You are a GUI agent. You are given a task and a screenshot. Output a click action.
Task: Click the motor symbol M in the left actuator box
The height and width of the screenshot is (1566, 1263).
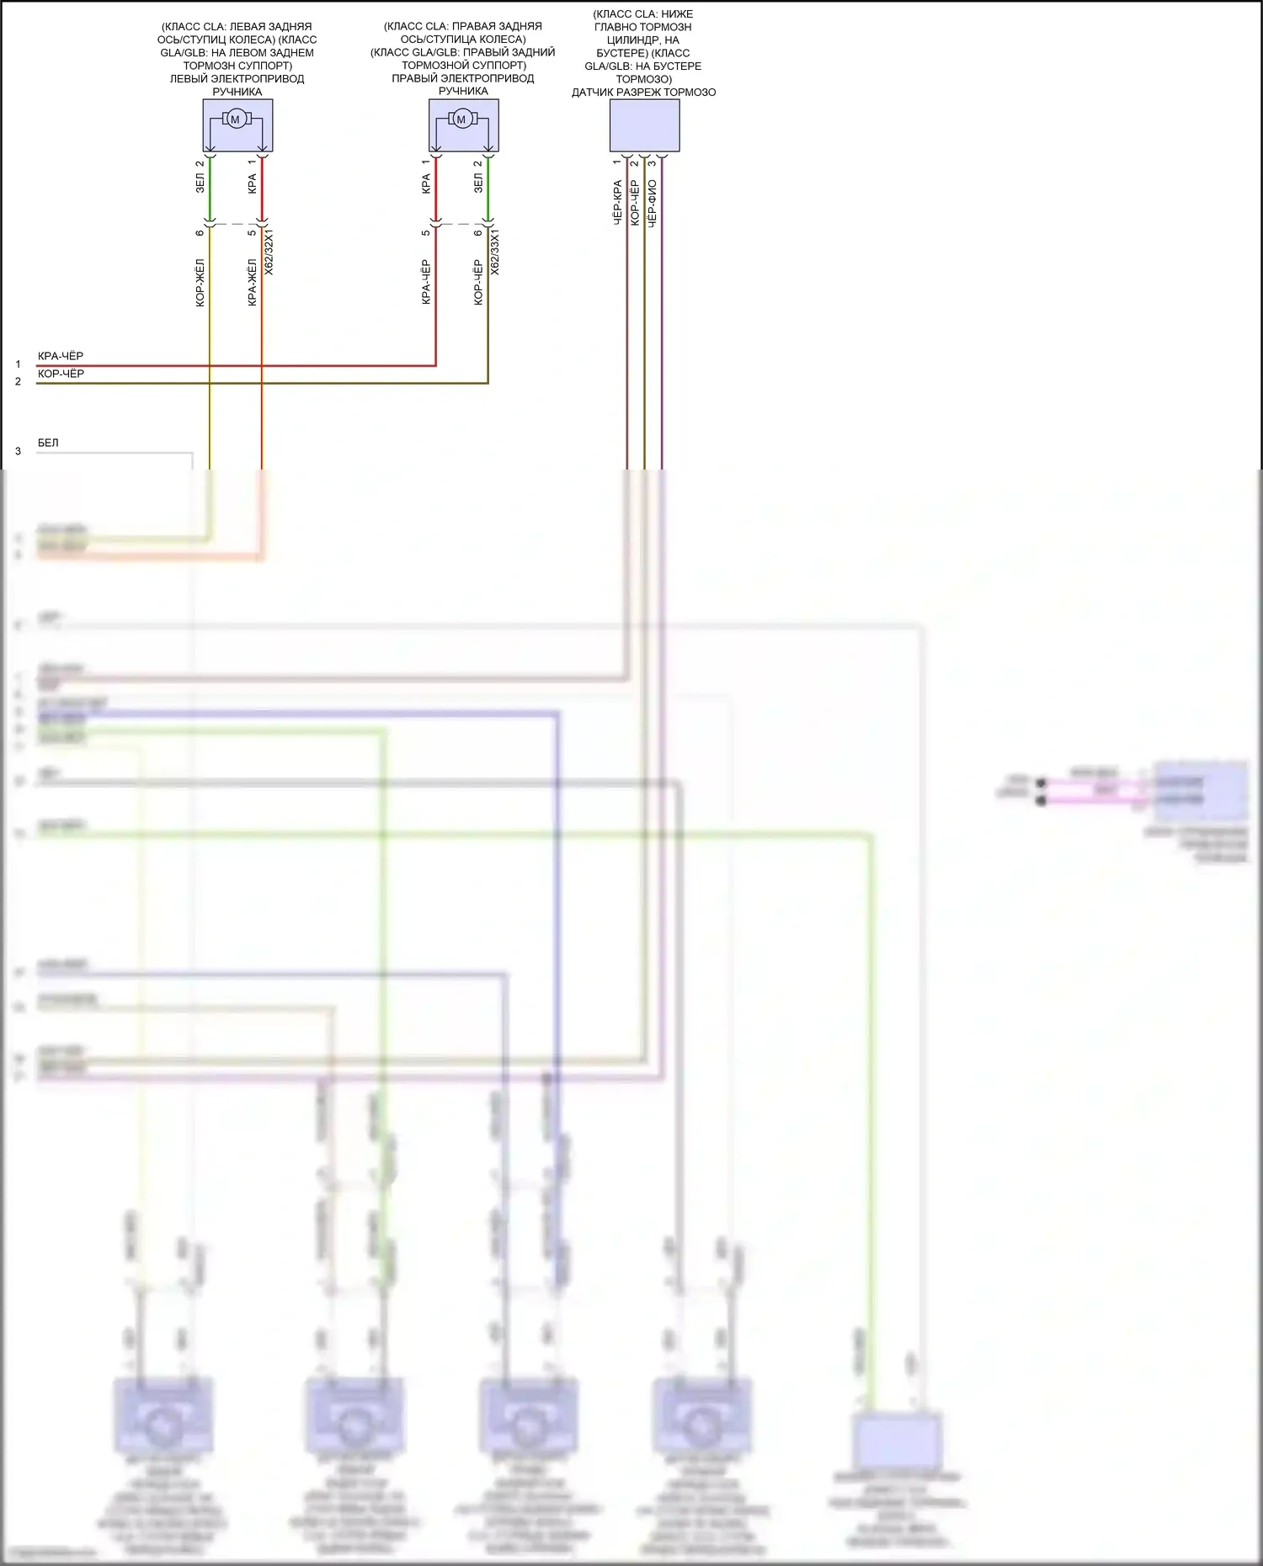[x=236, y=119]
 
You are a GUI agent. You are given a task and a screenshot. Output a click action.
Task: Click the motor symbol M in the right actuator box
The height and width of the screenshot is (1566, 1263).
[x=461, y=119]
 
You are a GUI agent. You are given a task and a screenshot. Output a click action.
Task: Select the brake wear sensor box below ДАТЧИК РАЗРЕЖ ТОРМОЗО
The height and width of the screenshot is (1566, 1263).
[x=644, y=125]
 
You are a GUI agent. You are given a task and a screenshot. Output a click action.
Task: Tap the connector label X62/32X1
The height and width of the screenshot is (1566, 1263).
[x=269, y=252]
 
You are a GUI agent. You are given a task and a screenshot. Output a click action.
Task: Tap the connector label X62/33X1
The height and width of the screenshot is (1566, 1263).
[x=495, y=252]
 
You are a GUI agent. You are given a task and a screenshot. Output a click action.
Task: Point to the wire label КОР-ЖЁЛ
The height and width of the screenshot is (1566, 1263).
[x=200, y=282]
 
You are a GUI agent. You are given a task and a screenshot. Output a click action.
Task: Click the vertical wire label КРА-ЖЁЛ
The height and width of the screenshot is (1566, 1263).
[x=253, y=282]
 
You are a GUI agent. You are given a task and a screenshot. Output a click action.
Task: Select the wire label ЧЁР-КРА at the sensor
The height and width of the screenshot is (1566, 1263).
[x=617, y=202]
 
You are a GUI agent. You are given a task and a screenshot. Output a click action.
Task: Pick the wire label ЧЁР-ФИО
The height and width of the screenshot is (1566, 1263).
[x=653, y=202]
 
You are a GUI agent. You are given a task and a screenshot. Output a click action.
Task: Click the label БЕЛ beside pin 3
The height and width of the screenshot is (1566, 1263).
[x=48, y=443]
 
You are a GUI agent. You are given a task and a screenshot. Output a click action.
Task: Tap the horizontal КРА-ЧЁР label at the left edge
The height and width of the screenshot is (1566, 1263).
[x=61, y=356]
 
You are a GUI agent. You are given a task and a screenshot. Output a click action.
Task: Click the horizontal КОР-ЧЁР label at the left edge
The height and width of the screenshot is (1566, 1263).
[x=61, y=374]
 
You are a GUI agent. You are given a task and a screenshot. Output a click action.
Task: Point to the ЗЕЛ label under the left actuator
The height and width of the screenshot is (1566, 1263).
[x=200, y=183]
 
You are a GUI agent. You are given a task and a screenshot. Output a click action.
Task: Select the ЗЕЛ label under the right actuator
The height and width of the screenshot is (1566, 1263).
[x=478, y=183]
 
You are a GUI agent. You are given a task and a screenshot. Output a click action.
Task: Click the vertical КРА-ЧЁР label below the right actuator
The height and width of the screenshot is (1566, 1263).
[x=426, y=282]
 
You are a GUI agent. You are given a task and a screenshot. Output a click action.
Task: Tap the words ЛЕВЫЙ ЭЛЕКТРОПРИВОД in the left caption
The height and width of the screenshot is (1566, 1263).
[x=237, y=78]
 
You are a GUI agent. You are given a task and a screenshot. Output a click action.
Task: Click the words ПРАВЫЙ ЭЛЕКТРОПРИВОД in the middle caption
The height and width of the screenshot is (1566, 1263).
[x=463, y=78]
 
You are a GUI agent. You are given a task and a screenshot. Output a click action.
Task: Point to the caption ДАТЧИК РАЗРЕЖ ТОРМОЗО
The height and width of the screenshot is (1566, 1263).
[x=644, y=93]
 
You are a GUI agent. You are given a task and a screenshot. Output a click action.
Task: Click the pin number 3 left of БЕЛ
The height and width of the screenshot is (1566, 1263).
[x=18, y=451]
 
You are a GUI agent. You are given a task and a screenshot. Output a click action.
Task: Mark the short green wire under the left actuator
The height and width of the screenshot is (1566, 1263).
[x=210, y=189]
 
